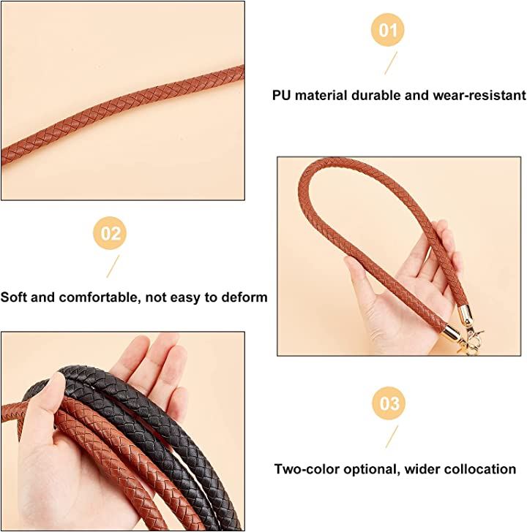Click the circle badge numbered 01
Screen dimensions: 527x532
tap(388, 30)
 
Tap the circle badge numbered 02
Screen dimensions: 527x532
tap(110, 233)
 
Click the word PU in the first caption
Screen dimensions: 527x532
tap(282, 95)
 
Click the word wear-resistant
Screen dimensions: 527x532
tap(479, 95)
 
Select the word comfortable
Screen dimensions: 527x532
tap(100, 297)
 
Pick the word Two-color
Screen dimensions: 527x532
tap(307, 469)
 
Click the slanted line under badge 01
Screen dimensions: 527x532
tap(391, 63)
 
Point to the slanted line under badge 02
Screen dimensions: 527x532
tap(113, 266)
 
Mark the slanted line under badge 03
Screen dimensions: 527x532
tap(392, 436)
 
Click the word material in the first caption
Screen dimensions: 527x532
tap(321, 95)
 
